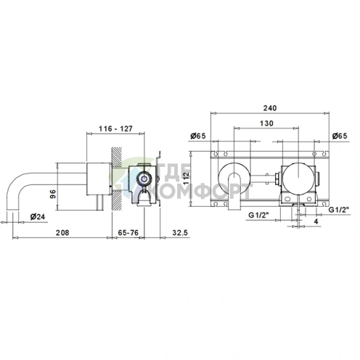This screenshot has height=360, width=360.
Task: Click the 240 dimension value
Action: (270, 108)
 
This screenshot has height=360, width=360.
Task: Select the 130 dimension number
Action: (266, 123)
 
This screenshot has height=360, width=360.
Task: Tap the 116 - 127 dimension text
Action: (115, 128)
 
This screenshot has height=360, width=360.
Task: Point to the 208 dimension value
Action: (62, 232)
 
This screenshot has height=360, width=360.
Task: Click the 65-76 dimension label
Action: (128, 232)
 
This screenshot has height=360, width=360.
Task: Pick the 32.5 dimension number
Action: (180, 232)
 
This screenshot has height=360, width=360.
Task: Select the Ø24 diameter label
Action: (38, 216)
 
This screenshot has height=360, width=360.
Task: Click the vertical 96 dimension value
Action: (53, 194)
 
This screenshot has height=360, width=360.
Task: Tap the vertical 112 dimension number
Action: (187, 179)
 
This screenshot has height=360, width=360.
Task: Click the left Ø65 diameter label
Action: (198, 136)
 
